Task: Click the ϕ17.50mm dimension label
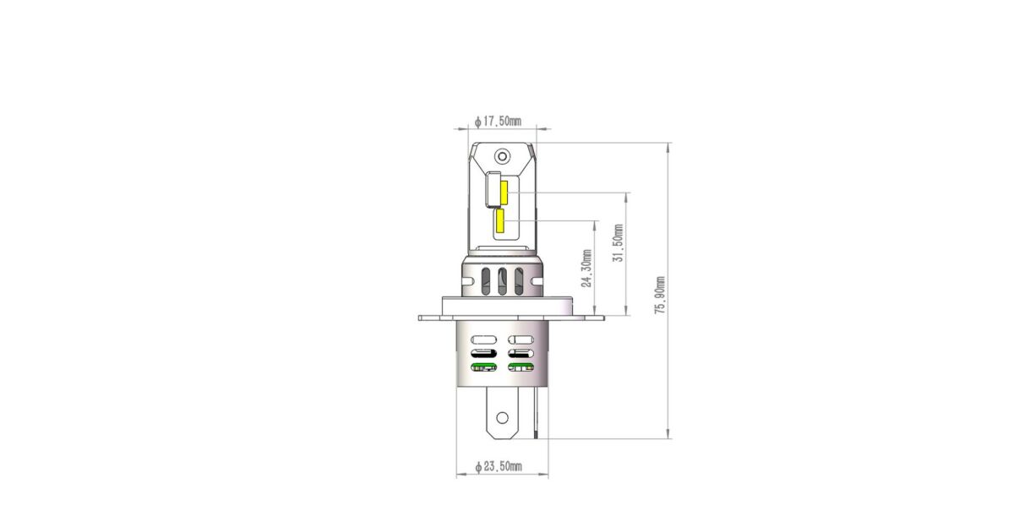498,122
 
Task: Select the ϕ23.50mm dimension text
499,466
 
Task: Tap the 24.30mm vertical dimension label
586,269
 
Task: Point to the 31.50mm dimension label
619,243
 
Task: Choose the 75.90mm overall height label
661,296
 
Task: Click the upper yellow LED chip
504,193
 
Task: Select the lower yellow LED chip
499,220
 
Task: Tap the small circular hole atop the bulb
502,157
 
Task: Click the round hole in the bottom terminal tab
502,417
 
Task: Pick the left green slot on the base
483,366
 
